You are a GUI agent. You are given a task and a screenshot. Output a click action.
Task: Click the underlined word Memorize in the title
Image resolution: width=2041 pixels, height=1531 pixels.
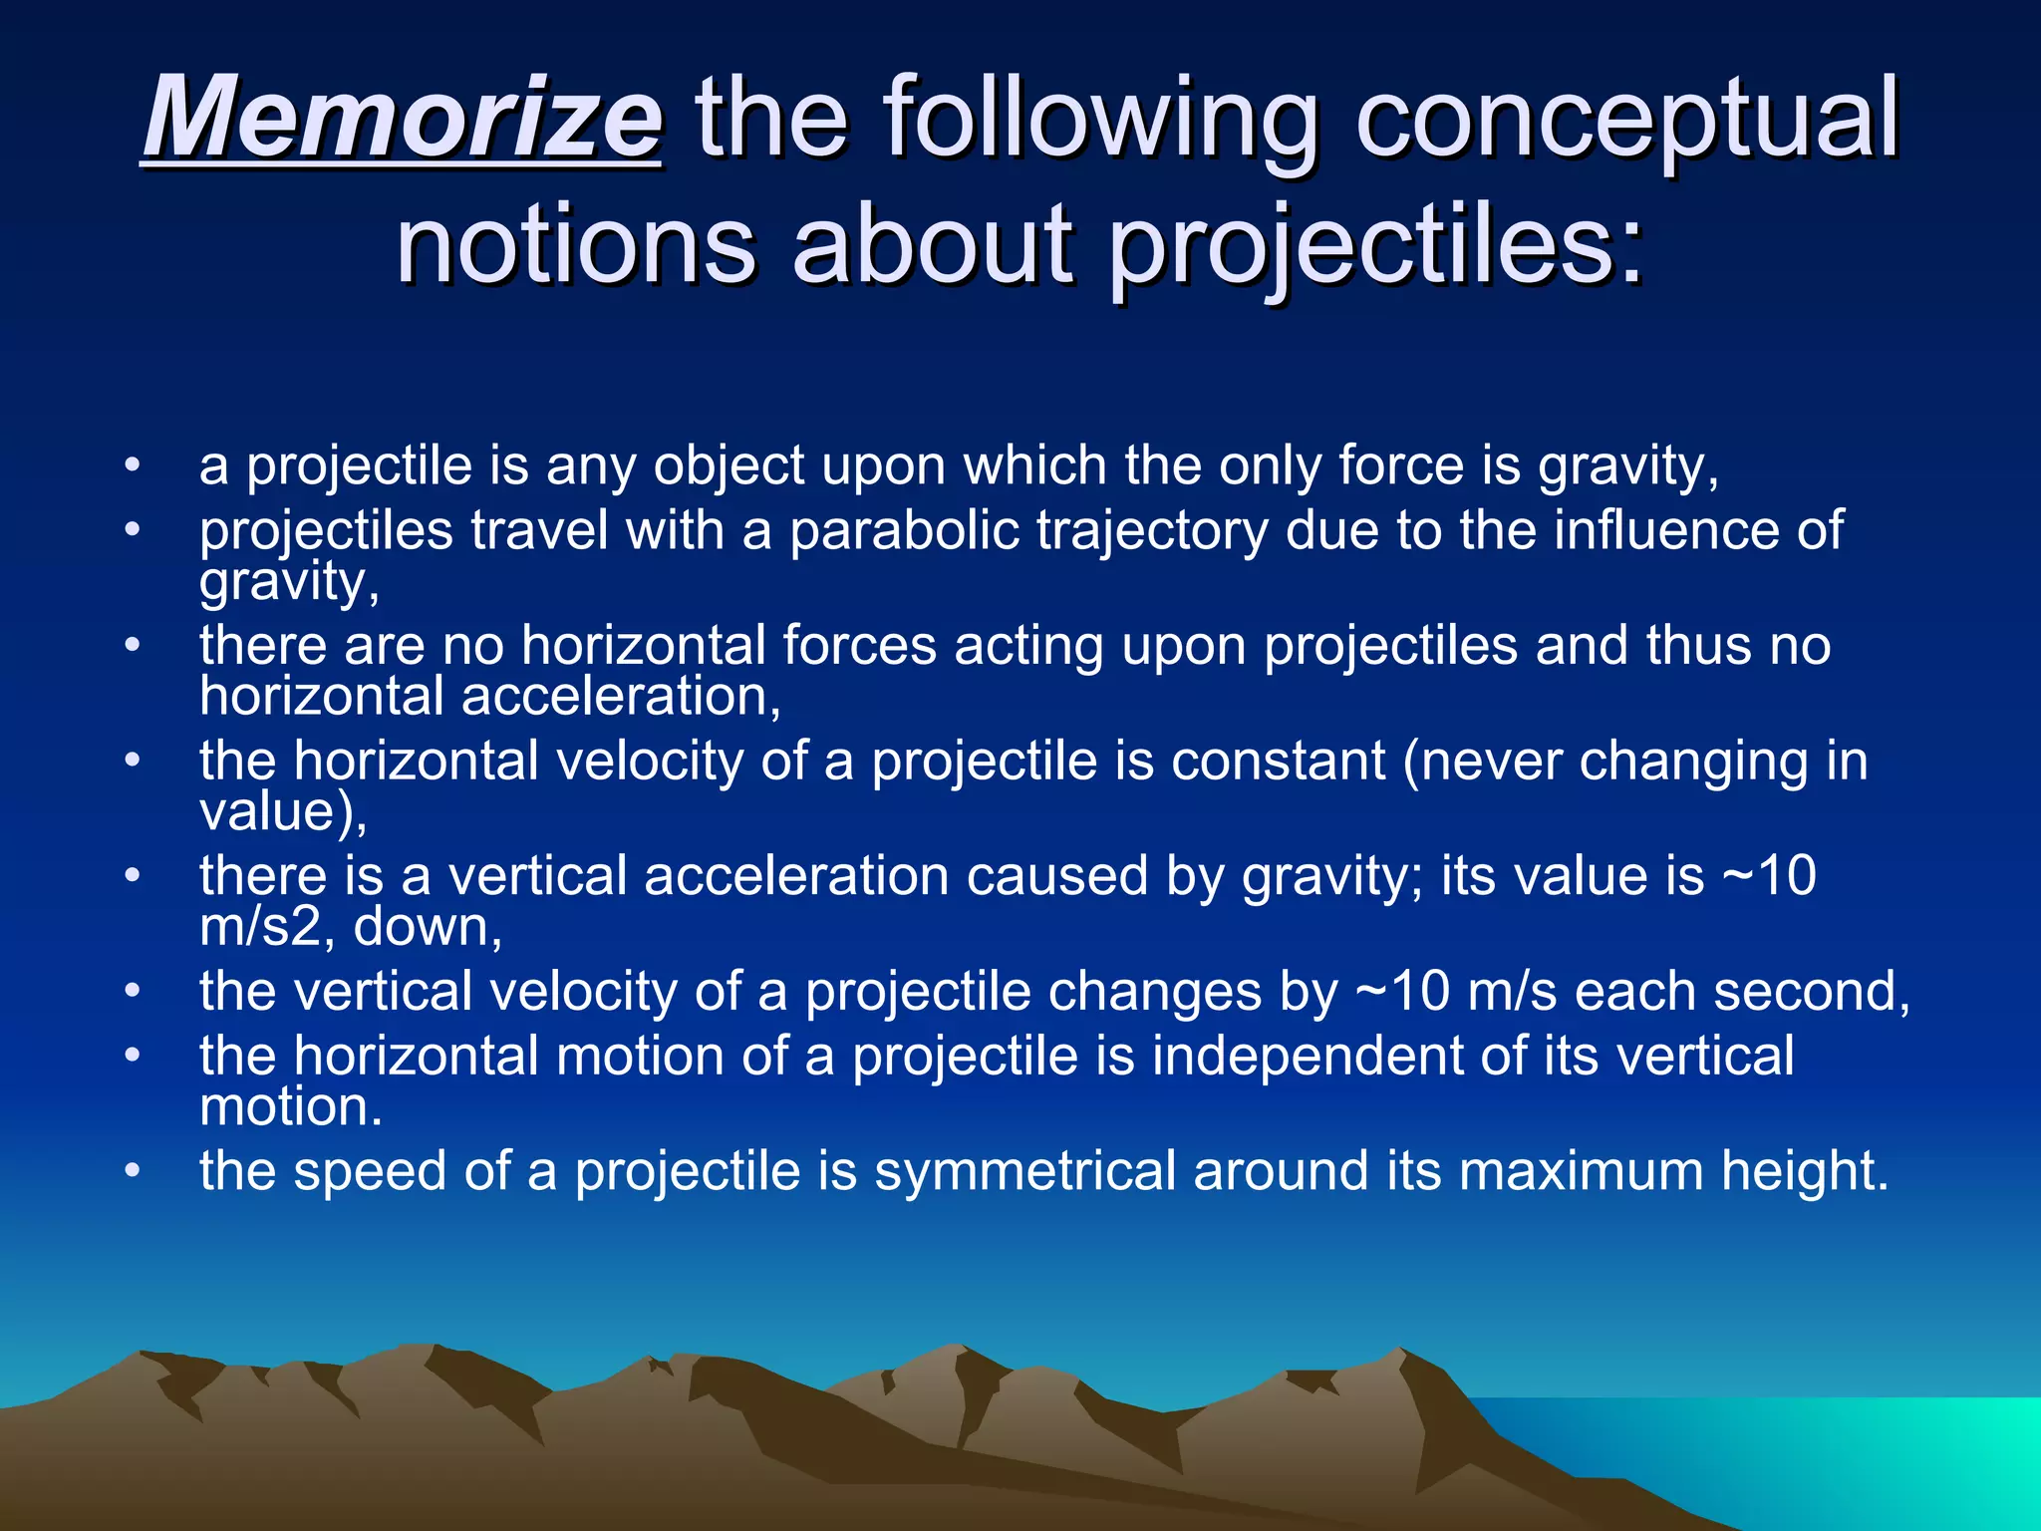[x=402, y=120]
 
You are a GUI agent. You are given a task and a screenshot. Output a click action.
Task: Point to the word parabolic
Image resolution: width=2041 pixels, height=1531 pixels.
[x=904, y=529]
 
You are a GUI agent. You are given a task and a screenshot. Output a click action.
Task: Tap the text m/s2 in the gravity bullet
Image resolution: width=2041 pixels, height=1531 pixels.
[x=260, y=927]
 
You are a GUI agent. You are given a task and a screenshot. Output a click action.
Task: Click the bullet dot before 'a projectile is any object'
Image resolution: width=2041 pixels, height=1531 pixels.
[x=133, y=466]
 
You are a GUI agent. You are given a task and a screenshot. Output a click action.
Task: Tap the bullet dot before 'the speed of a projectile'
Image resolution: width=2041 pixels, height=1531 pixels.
[x=133, y=1171]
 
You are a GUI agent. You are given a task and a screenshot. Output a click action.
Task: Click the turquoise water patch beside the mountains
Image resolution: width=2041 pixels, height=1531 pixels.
[x=1844, y=1445]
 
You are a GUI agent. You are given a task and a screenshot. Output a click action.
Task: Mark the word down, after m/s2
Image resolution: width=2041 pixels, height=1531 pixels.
[x=428, y=927]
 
